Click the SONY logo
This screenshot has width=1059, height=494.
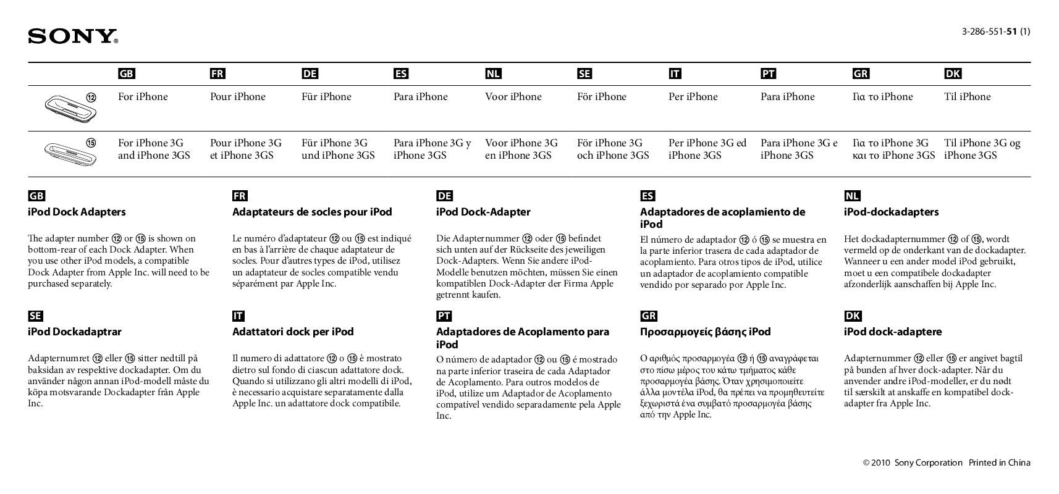pos(72,36)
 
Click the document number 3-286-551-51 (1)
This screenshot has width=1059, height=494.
pos(995,31)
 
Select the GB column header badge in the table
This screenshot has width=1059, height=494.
pos(126,74)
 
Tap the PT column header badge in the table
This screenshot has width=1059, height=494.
pos(768,74)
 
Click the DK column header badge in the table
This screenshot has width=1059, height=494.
pos(952,74)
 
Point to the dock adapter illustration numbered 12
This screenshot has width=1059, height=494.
pos(67,106)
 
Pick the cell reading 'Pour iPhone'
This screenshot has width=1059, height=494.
pos(237,97)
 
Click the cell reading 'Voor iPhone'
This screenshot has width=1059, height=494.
pos(513,97)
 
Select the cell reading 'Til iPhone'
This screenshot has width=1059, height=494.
pos(967,97)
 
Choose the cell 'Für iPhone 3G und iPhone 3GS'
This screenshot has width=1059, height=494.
pos(338,149)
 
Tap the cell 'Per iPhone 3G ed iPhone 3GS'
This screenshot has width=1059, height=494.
pos(707,149)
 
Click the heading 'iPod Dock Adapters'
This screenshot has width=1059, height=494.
pos(77,212)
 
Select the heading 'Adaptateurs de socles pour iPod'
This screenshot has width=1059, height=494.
pos(312,212)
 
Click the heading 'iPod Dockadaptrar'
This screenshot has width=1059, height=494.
pos(75,332)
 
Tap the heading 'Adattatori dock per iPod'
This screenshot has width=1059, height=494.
pos(293,332)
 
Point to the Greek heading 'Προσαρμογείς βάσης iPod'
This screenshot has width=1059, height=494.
pos(705,332)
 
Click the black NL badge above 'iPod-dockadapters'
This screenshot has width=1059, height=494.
pos(852,196)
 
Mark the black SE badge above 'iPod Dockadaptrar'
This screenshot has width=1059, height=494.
pos(35,316)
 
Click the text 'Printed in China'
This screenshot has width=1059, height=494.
pos(999,463)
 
